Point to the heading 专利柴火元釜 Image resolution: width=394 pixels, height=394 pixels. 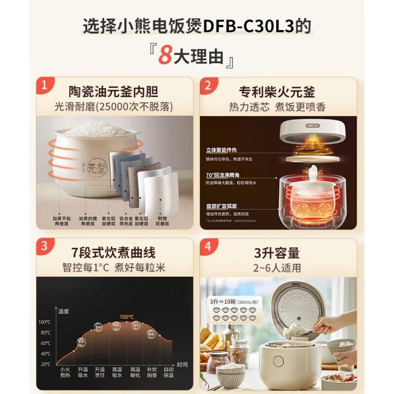pyautogui.click(x=277, y=92)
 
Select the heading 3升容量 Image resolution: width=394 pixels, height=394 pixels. pyautogui.click(x=277, y=253)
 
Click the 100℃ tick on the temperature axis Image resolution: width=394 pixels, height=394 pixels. pyautogui.click(x=44, y=322)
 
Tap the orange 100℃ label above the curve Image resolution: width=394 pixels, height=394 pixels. pyautogui.click(x=127, y=317)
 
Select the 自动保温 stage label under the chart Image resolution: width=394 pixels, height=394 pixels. pyautogui.click(x=169, y=372)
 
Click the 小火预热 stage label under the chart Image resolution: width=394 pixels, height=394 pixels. pyautogui.click(x=65, y=372)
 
